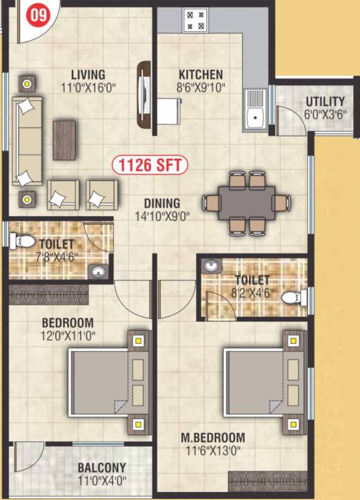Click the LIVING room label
coord(89,75)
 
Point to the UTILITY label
coord(325,102)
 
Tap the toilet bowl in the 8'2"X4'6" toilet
coord(296,298)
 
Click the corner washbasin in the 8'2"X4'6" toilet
coord(211,266)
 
